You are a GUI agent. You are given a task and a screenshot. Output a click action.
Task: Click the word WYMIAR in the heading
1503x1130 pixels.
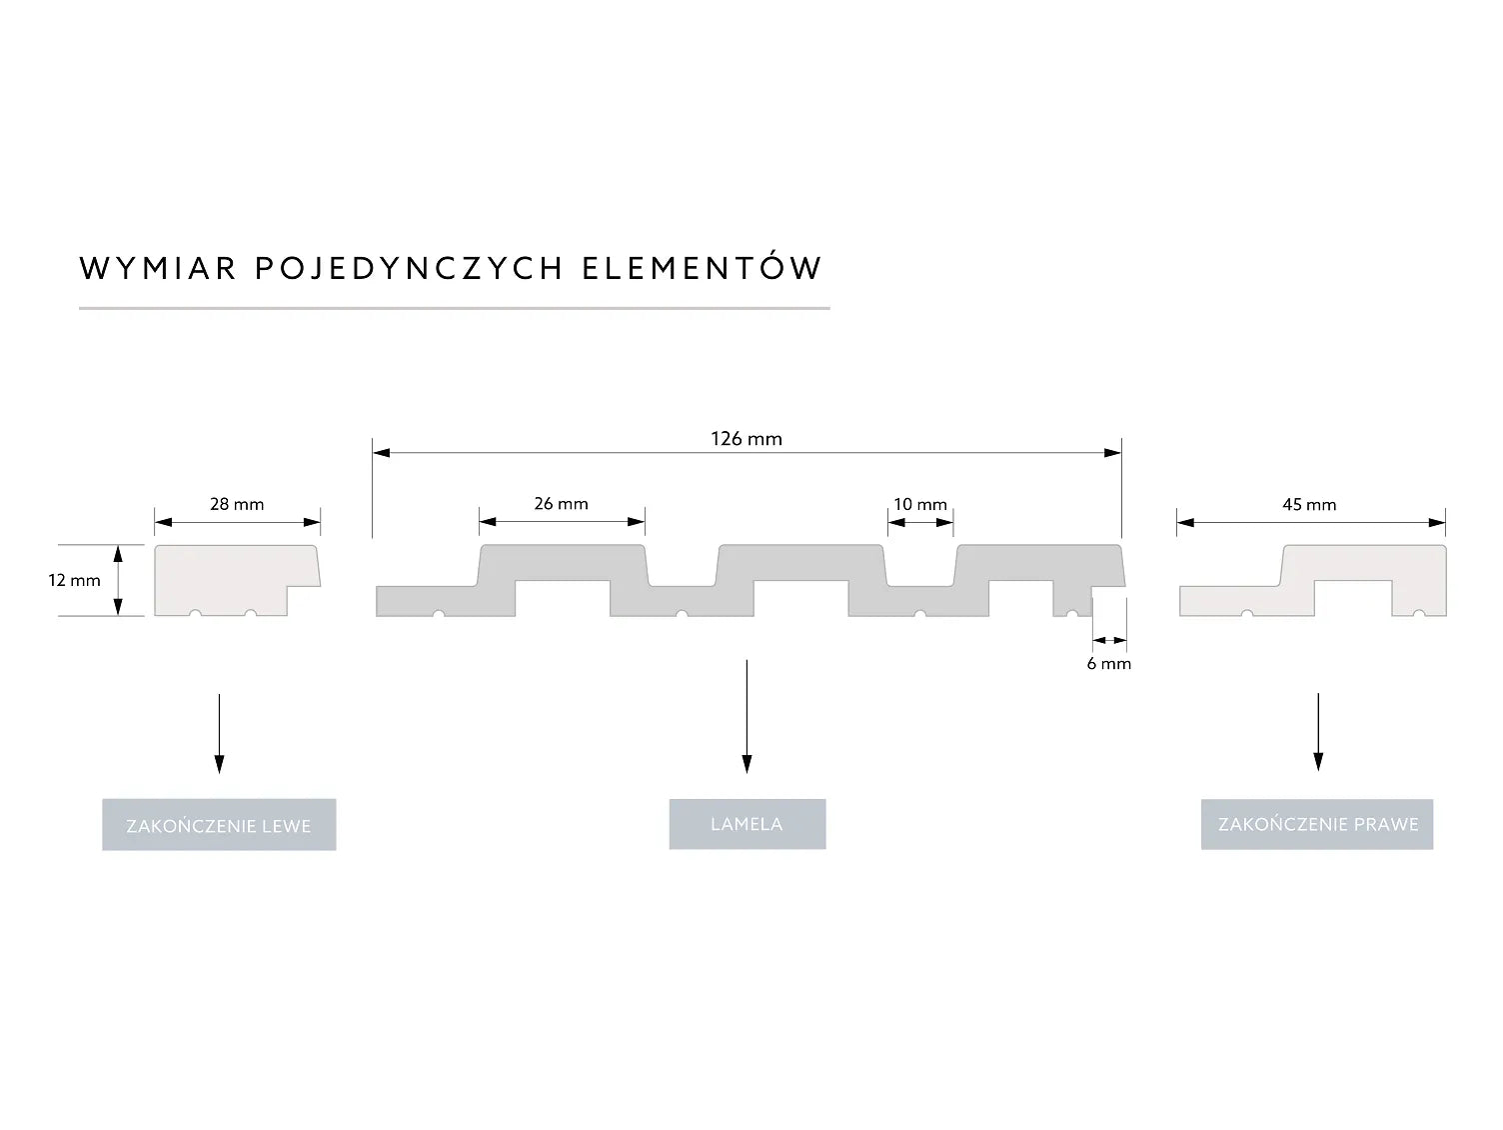(158, 268)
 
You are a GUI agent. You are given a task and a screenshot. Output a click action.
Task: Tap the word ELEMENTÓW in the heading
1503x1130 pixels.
(702, 267)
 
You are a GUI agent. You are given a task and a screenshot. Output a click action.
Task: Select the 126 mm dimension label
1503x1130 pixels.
(747, 438)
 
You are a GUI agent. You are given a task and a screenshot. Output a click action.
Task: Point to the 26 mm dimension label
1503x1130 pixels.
(561, 503)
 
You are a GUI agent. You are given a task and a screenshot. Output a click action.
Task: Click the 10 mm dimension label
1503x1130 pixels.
(920, 504)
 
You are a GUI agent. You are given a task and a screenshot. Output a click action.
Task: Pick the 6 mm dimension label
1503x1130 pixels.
(1109, 663)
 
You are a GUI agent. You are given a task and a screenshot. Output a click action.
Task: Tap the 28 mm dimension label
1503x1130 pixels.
(237, 504)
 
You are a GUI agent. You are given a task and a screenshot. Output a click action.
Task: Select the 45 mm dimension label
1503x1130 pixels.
(1309, 504)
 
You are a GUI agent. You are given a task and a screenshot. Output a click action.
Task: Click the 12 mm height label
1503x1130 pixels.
(74, 580)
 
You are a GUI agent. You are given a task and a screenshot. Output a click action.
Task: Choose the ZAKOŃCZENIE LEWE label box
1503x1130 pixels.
(219, 825)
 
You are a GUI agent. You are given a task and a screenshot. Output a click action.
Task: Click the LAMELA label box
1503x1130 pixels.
(747, 824)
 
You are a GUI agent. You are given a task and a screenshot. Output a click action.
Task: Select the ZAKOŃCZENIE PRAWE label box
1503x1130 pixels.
(1317, 824)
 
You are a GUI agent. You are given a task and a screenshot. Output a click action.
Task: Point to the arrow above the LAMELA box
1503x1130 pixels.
(747, 716)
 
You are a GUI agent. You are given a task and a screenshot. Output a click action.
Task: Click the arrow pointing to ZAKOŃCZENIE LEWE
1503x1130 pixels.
(219, 732)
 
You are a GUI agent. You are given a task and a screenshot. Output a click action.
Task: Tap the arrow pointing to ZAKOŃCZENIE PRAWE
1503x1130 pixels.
(1318, 731)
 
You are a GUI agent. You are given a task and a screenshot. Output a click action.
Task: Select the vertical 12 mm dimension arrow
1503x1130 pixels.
(118, 580)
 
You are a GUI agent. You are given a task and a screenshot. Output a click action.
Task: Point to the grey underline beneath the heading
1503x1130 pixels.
(454, 308)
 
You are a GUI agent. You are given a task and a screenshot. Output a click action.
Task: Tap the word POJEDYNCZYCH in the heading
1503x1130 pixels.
(410, 268)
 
